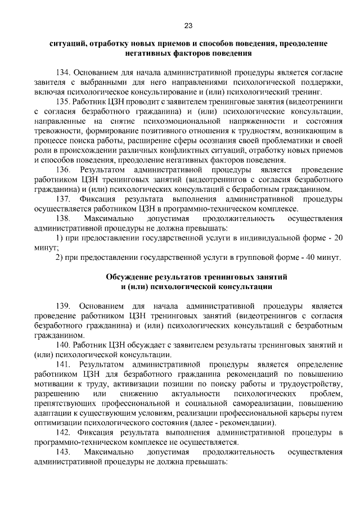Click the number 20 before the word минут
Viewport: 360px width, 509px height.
tap(338, 237)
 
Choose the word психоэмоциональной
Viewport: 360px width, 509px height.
tap(186, 121)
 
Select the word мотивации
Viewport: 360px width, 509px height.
tap(53, 384)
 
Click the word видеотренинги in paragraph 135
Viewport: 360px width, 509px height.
tap(315, 101)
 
